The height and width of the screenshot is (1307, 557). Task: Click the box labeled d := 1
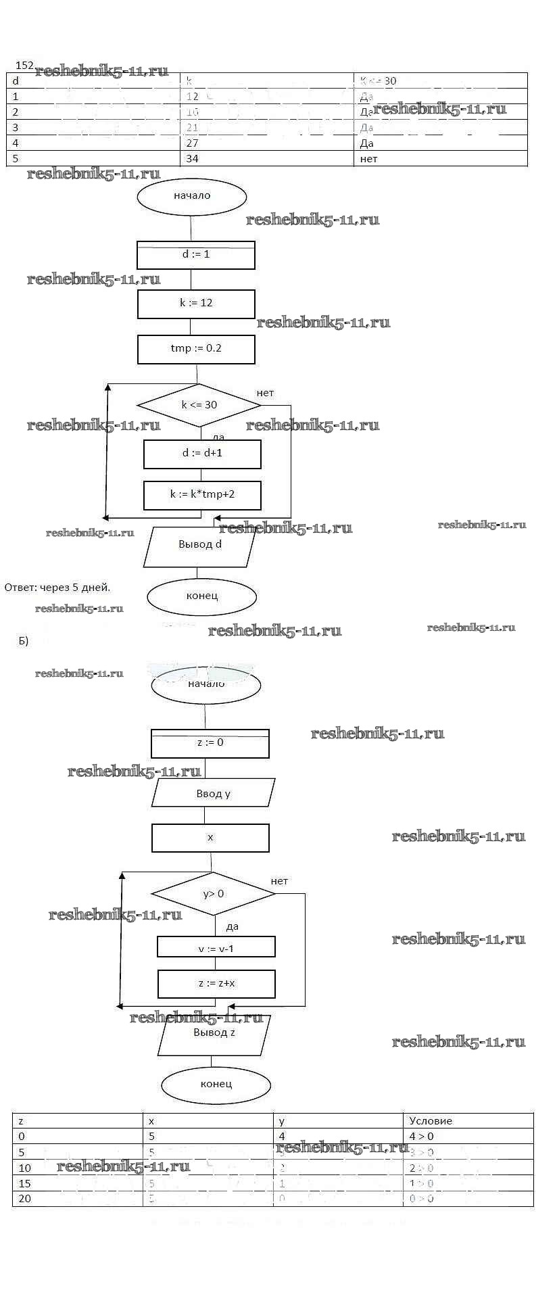(x=196, y=255)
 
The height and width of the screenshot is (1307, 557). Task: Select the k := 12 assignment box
(x=196, y=304)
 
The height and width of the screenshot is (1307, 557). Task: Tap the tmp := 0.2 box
(x=196, y=349)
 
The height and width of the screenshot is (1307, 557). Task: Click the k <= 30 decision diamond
(x=199, y=405)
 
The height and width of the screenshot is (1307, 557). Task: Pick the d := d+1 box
(x=202, y=454)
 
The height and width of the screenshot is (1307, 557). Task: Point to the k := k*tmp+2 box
(x=202, y=495)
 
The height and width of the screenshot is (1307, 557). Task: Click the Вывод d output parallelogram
(x=200, y=546)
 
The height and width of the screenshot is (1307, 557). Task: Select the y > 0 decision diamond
(x=214, y=894)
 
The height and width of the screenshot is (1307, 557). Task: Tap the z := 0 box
(x=210, y=743)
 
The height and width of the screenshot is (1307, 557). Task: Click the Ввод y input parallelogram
(x=214, y=793)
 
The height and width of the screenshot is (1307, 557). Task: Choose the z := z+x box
(x=216, y=984)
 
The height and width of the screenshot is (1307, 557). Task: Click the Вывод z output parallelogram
(x=214, y=1035)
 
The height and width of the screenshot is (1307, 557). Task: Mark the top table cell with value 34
(x=193, y=159)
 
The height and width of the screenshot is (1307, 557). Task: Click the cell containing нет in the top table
(x=369, y=159)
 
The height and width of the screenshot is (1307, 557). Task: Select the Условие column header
(x=431, y=1121)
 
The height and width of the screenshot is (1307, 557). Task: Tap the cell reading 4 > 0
(x=422, y=1137)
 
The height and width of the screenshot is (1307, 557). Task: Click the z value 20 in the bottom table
(x=25, y=1199)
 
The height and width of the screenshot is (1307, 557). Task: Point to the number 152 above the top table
(x=24, y=66)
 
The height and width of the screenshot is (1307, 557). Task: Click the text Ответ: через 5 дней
(x=57, y=588)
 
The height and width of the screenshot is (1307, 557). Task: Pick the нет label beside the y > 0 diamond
(x=279, y=881)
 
